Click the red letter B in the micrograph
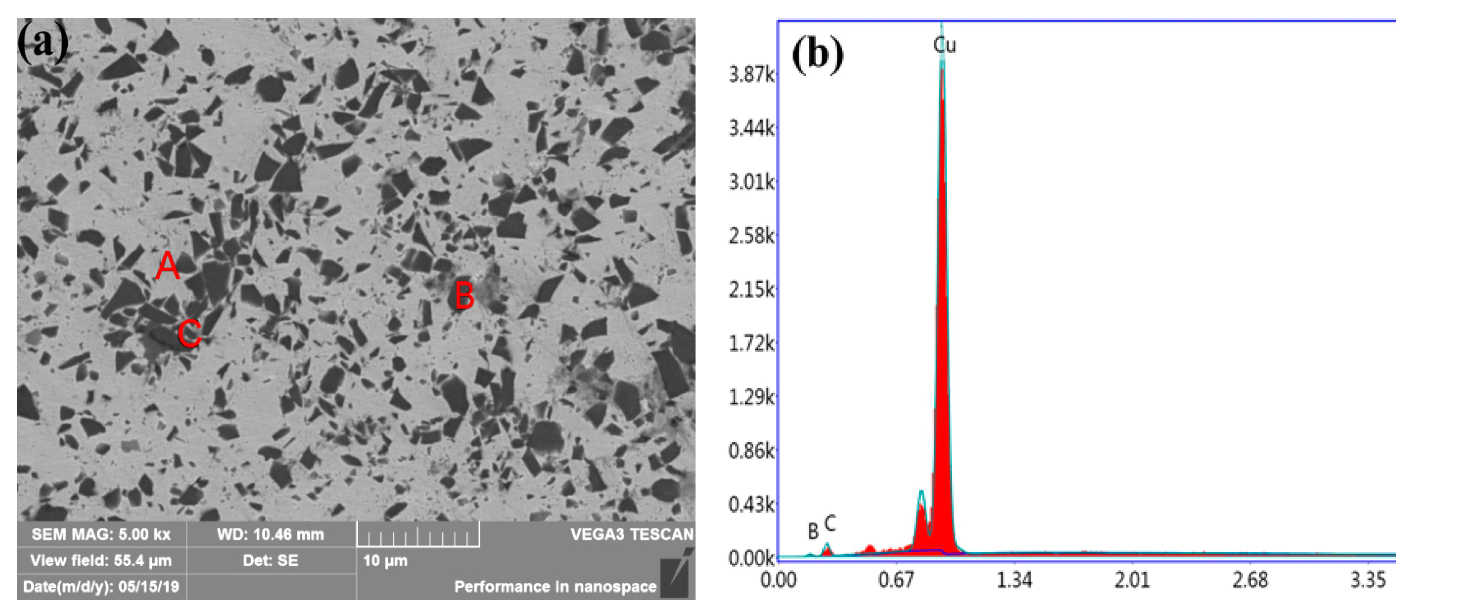coord(464,296)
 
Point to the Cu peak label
coord(944,45)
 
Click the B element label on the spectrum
coord(813,532)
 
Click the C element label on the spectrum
coord(830,523)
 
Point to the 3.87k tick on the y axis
coord(751,75)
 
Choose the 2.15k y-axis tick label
coord(751,290)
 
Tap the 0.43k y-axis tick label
coord(751,504)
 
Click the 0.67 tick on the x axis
coord(896,580)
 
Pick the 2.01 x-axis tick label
coord(1132,580)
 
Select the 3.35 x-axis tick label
coord(1368,580)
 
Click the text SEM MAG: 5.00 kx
coord(101,535)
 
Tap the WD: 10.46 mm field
coord(270,535)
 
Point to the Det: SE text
coord(270,561)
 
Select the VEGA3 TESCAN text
coord(632,535)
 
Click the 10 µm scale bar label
coord(385,561)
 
